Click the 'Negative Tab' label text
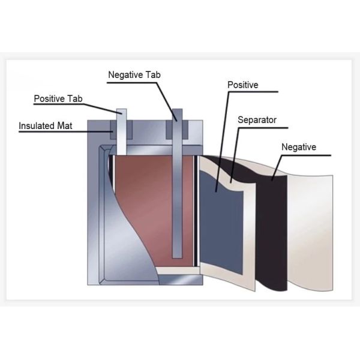[134, 75]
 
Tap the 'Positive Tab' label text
[58, 99]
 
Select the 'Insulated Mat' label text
[46, 126]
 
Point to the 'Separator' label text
[257, 120]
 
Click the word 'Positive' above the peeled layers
[242, 85]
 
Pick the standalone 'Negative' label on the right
[299, 147]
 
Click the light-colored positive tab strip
[121, 132]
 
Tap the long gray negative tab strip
[177, 183]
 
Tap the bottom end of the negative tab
[177, 258]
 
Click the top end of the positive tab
[121, 109]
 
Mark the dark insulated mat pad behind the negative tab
[177, 130]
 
